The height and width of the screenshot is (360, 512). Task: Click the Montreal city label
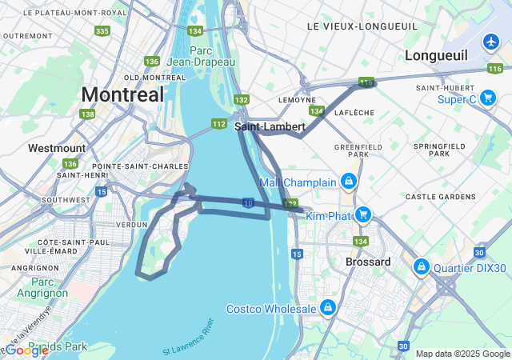122,94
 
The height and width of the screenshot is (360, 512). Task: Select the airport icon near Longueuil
491,41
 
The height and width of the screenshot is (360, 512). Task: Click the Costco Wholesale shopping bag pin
327,308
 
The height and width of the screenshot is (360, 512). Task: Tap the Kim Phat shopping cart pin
362,214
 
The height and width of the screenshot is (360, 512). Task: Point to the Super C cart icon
487,98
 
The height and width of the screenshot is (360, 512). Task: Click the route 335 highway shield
102,30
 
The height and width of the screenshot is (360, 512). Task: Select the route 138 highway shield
87,114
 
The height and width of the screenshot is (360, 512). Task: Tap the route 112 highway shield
218,123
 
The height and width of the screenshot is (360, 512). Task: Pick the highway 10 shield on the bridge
250,204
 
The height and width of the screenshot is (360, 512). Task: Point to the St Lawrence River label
189,338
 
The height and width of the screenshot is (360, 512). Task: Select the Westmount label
56,148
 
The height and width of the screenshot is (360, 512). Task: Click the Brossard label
368,262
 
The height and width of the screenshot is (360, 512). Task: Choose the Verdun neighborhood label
133,225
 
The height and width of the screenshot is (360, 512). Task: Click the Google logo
27,350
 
